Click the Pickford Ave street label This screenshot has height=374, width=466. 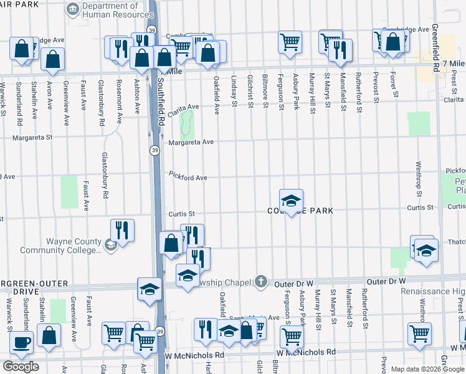click(x=188, y=178)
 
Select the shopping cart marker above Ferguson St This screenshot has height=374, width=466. click(x=290, y=42)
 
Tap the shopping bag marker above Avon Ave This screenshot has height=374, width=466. click(x=54, y=59)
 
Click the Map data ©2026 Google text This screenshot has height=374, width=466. click(x=427, y=369)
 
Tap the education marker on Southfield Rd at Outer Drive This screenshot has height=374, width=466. click(x=150, y=289)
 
